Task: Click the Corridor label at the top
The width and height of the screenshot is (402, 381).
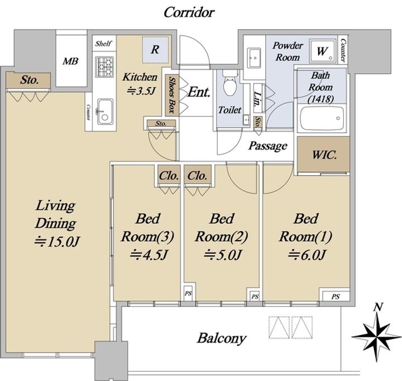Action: pos(189,12)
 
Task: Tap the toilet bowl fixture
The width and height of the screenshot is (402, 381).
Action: pos(230,82)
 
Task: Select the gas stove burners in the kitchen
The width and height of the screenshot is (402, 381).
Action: pos(104,67)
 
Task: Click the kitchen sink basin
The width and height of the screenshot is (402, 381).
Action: pos(105,111)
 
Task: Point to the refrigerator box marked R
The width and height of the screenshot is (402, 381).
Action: pos(155,50)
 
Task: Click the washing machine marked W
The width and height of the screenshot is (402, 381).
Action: pos(322,51)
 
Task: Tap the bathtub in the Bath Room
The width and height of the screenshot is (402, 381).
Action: pos(322,119)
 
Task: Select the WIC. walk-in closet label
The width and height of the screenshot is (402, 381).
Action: pos(324,155)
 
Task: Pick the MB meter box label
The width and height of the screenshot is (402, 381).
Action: pos(70,61)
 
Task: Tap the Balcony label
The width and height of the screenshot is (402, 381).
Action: pos(222,338)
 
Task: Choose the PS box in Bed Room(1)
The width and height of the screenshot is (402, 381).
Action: pos(335,296)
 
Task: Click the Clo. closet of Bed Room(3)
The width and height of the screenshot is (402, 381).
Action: pos(169,176)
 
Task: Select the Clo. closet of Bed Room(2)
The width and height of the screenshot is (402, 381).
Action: pos(197,176)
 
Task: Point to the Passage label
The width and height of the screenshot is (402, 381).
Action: pos(267,146)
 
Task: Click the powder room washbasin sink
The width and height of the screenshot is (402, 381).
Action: pos(254,58)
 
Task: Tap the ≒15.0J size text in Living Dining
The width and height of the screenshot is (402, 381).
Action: pos(58,242)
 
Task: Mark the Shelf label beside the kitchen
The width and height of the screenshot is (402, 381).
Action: pos(103,43)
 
